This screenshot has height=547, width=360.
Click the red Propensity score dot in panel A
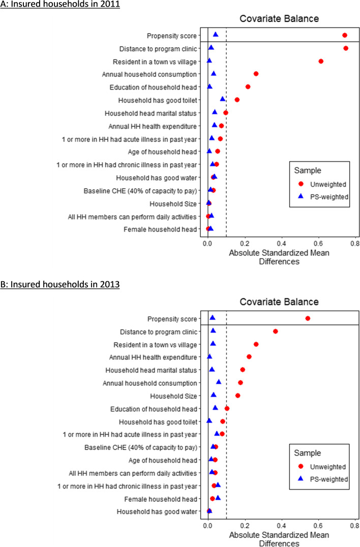(x=345, y=35)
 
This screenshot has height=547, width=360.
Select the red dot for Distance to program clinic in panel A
(x=346, y=48)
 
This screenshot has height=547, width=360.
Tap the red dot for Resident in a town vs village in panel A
(x=321, y=61)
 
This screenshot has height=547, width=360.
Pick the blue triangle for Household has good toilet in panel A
(x=223, y=99)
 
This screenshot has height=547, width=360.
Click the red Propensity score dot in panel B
(x=308, y=318)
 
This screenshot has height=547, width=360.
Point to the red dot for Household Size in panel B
(x=237, y=395)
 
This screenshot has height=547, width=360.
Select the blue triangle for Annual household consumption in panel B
(x=219, y=382)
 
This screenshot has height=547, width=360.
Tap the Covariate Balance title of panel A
(x=279, y=19)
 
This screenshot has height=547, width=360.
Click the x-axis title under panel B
(x=279, y=539)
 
